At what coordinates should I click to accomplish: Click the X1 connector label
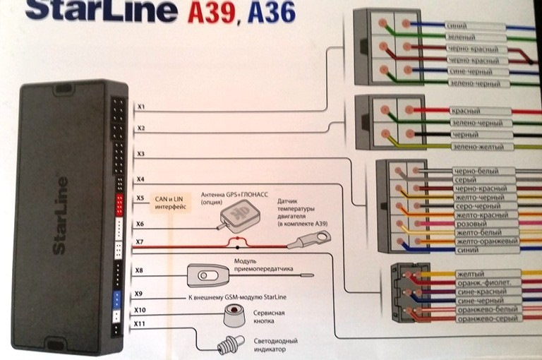coord(141,107)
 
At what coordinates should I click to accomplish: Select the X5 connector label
coord(140,198)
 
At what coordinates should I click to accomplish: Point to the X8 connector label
coord(139,270)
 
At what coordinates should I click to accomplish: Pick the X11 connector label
coord(140,324)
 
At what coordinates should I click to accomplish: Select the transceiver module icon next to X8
coord(205,273)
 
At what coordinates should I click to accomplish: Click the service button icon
coord(234,315)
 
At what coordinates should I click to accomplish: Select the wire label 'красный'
coord(465,112)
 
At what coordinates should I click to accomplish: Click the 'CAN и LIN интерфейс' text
coord(169,203)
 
